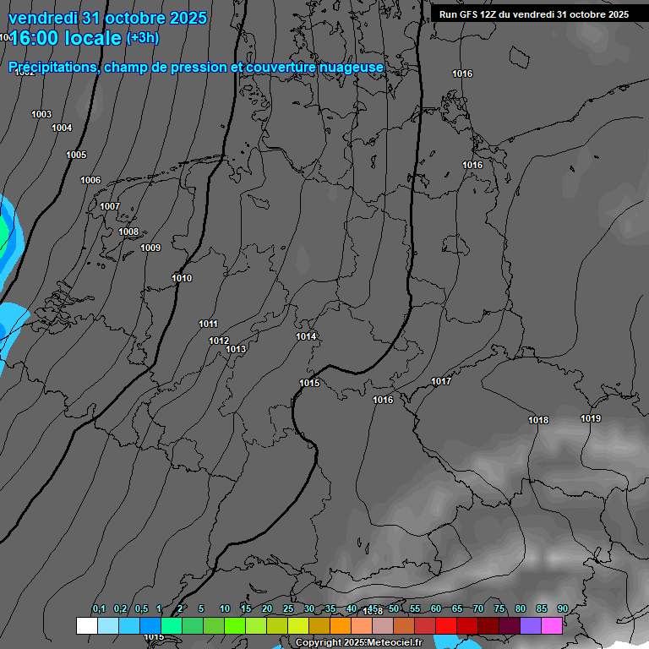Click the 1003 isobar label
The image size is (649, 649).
[x=41, y=114]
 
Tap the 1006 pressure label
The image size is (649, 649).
[x=90, y=180]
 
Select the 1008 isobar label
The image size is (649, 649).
[x=128, y=232]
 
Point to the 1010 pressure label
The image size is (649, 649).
[x=182, y=278]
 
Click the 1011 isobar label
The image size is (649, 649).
[x=209, y=324]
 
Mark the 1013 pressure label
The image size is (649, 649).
[x=236, y=349]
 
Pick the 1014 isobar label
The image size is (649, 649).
[x=306, y=336]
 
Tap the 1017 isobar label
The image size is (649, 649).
[x=441, y=381]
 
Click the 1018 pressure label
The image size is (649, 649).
[x=538, y=420]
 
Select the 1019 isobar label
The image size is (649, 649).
[x=591, y=418]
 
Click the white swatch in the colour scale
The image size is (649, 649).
[x=86, y=625]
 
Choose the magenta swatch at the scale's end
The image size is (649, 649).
[x=552, y=625]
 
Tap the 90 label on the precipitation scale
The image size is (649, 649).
[x=563, y=608]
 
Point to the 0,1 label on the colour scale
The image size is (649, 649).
[x=99, y=609]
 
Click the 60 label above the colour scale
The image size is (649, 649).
[x=436, y=608]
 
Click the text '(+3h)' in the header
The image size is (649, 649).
[x=142, y=38]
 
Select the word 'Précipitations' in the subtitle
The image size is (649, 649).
[x=51, y=67]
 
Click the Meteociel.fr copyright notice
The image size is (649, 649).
[x=358, y=643]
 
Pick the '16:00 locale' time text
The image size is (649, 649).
[x=65, y=38]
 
